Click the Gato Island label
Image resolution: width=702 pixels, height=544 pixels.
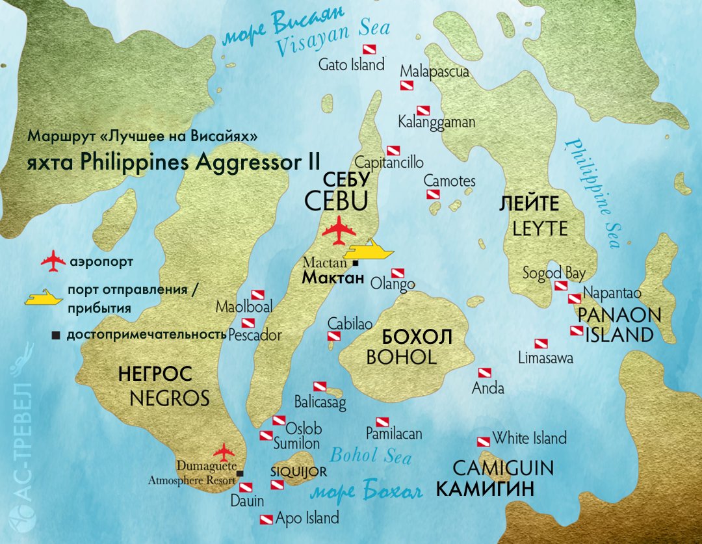point(351,65)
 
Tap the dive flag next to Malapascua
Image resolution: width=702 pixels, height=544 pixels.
point(407,86)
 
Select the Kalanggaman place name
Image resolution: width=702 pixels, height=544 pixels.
point(437,122)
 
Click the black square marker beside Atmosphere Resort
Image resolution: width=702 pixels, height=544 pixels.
point(240,473)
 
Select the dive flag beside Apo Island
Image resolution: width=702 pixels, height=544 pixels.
point(266,519)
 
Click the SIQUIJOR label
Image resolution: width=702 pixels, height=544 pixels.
point(298,472)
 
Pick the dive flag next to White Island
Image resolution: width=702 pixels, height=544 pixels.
point(483,441)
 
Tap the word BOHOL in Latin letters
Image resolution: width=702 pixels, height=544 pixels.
point(401,357)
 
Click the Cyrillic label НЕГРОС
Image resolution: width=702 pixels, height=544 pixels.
point(155,374)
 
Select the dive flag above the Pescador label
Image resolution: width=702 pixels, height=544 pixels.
point(248,323)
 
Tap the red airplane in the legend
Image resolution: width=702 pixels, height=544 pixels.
point(54,262)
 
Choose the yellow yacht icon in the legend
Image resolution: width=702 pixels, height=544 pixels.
point(44,298)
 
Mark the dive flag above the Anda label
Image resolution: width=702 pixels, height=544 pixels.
point(484,373)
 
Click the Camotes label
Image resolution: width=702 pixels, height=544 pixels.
point(450,181)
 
